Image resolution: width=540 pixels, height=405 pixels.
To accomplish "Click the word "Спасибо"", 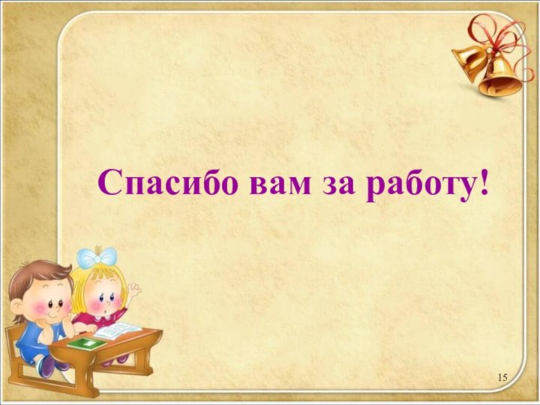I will tap(164, 182).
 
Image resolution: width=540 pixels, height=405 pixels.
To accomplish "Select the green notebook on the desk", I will tap(88, 343).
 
